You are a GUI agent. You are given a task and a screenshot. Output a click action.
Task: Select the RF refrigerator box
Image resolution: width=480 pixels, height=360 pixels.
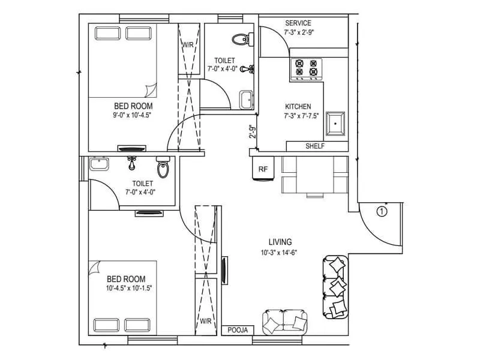263,169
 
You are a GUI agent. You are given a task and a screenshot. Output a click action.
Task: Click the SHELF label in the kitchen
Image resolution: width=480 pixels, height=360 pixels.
316,146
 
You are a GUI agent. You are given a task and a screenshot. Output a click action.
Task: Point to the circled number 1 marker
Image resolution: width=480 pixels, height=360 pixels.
382,211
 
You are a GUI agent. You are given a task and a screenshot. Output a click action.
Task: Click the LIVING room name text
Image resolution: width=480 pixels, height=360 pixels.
280,242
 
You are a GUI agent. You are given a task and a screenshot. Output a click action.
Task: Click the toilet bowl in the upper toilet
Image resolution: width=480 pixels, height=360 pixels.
240,40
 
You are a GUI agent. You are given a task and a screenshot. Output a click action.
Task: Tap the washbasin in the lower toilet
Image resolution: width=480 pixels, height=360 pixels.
98,164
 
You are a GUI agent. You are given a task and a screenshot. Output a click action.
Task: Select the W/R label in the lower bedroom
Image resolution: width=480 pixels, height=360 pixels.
206,320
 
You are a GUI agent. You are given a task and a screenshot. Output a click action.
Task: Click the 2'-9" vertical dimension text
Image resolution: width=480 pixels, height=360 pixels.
253,131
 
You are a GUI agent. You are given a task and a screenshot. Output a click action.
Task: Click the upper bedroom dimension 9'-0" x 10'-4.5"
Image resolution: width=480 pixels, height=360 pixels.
131,115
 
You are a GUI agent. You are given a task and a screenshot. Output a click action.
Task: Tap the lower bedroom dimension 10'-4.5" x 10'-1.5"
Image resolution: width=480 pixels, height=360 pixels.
129,288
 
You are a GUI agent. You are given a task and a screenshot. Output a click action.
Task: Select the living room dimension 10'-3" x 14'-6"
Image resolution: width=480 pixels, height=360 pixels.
280,252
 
